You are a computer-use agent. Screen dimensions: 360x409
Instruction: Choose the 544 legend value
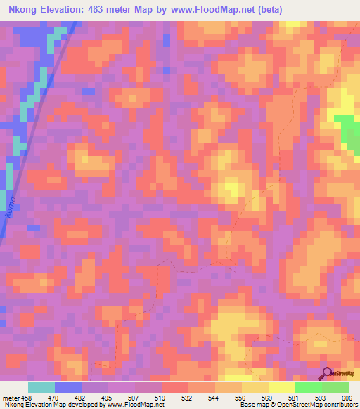click(x=214, y=397)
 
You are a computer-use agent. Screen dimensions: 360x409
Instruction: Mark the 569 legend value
click(x=268, y=397)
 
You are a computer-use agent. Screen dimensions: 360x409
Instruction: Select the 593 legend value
click(x=321, y=397)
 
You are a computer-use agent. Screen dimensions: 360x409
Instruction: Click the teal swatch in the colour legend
click(x=41, y=387)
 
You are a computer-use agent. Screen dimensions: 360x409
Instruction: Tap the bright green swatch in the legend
click(x=308, y=387)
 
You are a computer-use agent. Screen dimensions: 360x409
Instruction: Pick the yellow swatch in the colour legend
click(x=281, y=387)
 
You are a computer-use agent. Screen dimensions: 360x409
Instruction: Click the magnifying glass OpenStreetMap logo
click(x=326, y=373)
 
